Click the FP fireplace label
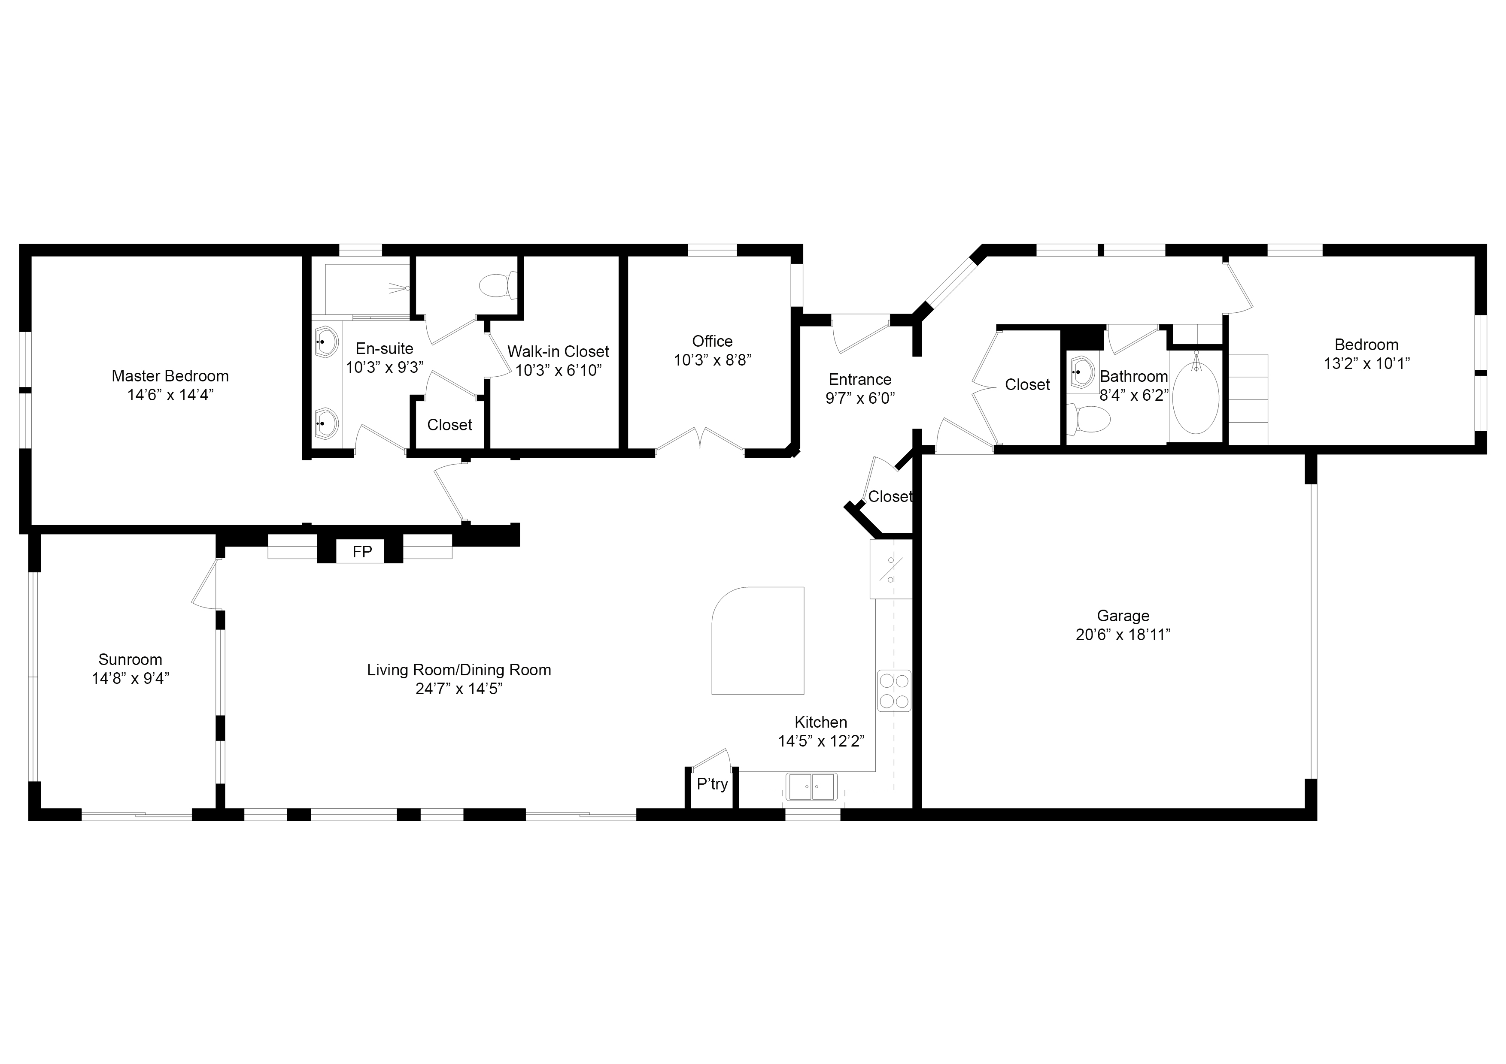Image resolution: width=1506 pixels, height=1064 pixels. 362,552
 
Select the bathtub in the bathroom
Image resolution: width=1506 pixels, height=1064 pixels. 1196,398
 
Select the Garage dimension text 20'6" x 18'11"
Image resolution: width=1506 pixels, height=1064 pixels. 1123,635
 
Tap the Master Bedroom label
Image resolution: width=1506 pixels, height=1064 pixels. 170,376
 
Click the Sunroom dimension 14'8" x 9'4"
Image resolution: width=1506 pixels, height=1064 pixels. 131,678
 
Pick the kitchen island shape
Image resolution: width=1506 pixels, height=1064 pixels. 758,641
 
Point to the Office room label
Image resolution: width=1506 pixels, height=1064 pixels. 712,341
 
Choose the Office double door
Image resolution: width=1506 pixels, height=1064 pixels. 700,439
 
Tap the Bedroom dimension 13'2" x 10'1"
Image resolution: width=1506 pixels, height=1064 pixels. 1366,363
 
